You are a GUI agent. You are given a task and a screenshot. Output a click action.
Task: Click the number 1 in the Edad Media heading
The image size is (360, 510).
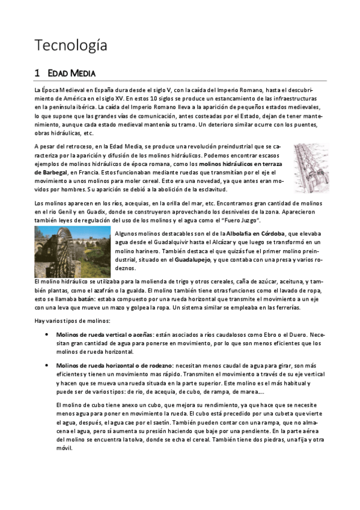click(x=37, y=73)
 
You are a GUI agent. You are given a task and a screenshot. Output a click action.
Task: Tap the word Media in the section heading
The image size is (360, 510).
click(x=83, y=73)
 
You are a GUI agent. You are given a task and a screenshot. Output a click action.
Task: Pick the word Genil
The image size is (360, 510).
click(x=66, y=212)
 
